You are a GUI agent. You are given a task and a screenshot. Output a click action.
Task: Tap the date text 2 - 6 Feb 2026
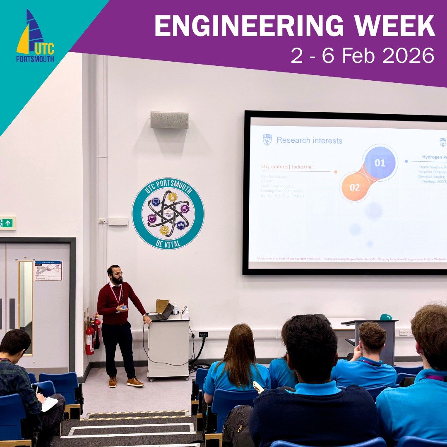point(363,55)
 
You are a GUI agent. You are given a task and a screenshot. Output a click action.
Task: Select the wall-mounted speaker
point(169,120)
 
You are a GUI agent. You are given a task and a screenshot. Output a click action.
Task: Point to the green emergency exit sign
point(7,223)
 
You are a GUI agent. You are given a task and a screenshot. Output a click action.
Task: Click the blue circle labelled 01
point(379,163)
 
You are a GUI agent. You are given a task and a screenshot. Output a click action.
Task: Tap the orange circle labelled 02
point(355,187)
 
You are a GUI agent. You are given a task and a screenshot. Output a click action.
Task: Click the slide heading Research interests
point(309,141)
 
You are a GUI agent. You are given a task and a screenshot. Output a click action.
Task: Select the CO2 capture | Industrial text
point(287,167)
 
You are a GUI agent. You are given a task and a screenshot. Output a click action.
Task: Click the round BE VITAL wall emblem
point(168,213)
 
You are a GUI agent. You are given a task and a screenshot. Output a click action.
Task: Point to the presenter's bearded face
point(116,275)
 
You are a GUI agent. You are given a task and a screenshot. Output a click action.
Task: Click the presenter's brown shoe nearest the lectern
point(135,382)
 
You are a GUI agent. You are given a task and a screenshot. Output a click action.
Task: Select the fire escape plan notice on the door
point(48,270)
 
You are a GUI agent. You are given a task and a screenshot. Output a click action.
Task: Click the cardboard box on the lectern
point(162,305)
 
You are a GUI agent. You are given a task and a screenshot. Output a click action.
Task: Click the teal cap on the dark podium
point(386,317)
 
